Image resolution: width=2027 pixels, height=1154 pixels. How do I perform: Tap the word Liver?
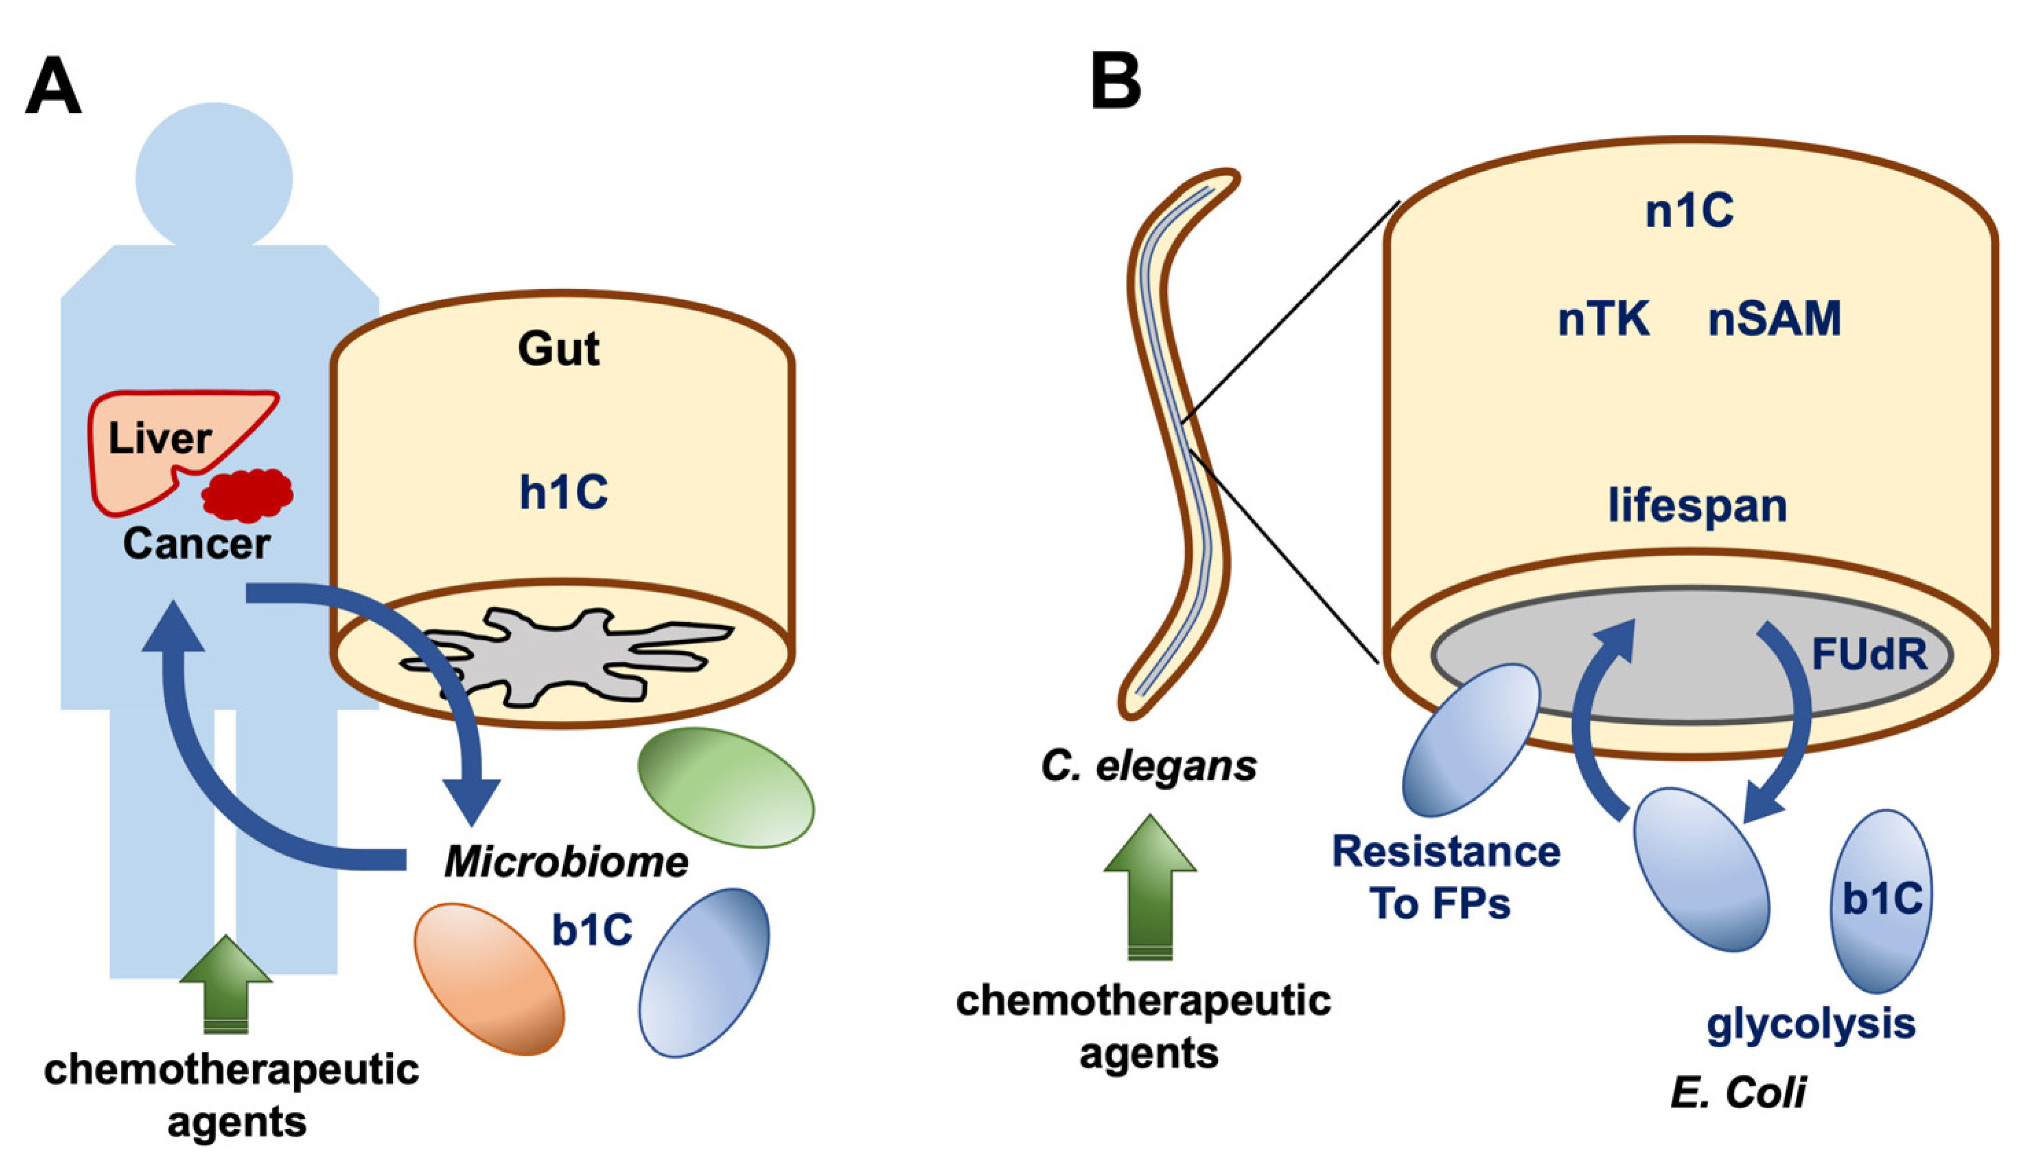coord(160,438)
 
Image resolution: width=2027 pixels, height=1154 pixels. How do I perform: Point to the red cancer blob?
coord(247,495)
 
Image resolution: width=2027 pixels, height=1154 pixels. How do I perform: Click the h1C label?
coord(563,492)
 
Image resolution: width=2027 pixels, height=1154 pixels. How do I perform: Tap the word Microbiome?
coord(566,861)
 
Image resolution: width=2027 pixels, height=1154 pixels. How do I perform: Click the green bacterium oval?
coord(726,788)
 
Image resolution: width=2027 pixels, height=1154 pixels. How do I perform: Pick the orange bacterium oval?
coord(490,979)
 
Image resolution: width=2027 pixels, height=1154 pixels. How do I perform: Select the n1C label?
coord(1688,212)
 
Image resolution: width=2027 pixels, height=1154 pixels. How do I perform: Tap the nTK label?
coord(1604,319)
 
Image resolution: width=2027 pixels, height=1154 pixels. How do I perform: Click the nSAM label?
coord(1774,319)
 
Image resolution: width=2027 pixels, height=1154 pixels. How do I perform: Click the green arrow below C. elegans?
coord(1150,888)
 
